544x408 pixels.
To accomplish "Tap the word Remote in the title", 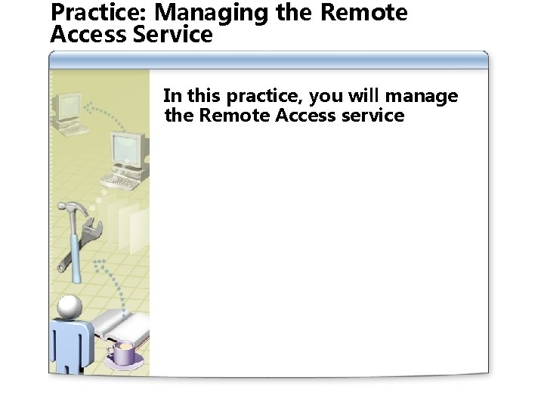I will click(363, 13).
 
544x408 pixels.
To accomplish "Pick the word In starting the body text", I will click(172, 96).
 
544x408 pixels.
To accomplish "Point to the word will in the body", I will click(365, 96).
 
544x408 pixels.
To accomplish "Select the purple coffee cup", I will click(123, 352).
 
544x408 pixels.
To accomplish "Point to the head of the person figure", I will click(70, 306).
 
